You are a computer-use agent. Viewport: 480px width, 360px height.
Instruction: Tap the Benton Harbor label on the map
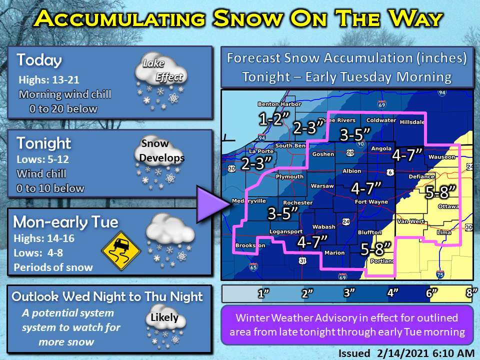pos(273,104)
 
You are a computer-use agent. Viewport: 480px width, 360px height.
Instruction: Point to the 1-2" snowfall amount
pos(273,118)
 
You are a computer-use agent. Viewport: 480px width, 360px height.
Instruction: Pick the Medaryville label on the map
pos(248,202)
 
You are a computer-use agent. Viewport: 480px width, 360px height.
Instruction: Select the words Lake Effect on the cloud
pos(161,70)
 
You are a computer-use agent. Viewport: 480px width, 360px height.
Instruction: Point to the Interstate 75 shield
pos(439,274)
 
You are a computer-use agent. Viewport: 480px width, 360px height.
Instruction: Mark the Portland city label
pos(383,260)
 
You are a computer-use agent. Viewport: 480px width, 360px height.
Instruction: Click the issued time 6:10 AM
pos(450,353)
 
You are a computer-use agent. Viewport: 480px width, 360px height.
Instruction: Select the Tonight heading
pos(44,143)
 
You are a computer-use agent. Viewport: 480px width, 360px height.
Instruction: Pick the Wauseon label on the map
pos(441,157)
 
